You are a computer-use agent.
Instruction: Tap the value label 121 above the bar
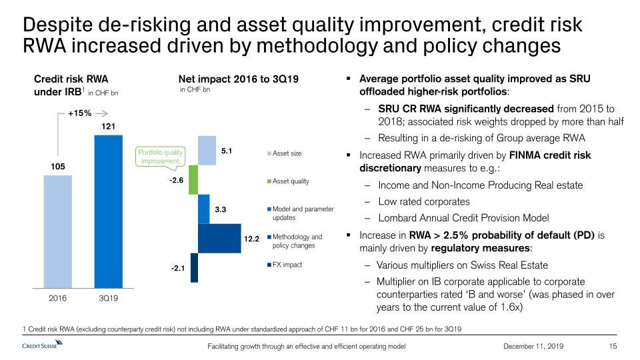click(108, 126)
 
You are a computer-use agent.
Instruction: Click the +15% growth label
click(79, 113)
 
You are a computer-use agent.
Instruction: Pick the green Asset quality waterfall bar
click(194, 179)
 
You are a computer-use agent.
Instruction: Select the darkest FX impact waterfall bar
click(194, 267)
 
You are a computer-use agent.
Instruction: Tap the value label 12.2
click(251, 238)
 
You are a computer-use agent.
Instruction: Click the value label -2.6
click(176, 179)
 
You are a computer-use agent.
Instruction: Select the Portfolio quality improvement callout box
click(159, 157)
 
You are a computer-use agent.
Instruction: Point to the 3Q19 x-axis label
click(108, 298)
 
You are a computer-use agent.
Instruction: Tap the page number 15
click(614, 346)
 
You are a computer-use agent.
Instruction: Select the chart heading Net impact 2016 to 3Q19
click(233, 79)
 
